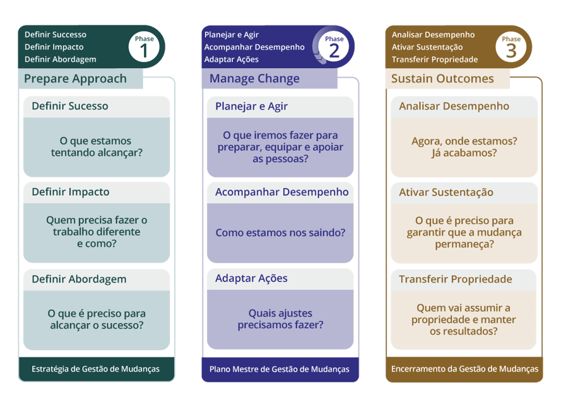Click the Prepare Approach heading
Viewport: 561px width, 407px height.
point(75,79)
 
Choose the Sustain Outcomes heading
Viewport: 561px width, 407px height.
point(442,79)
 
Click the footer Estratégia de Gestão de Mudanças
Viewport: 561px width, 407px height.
point(95,369)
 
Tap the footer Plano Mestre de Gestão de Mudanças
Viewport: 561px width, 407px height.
point(280,369)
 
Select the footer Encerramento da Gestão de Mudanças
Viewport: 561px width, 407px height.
point(464,369)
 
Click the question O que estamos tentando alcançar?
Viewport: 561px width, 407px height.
point(96,146)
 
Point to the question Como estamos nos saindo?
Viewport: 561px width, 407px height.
point(280,233)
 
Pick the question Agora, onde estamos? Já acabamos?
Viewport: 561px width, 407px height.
point(464,146)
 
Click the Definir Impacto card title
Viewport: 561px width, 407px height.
point(71,192)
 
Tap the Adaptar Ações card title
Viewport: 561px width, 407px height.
point(251,278)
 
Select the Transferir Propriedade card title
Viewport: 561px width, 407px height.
point(456,279)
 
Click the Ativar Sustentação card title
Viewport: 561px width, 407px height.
point(446,192)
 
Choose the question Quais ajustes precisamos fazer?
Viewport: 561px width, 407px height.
point(280,319)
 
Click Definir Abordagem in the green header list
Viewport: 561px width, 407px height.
point(61,59)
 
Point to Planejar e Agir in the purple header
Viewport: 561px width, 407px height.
point(232,35)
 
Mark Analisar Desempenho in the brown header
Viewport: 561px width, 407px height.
point(433,35)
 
